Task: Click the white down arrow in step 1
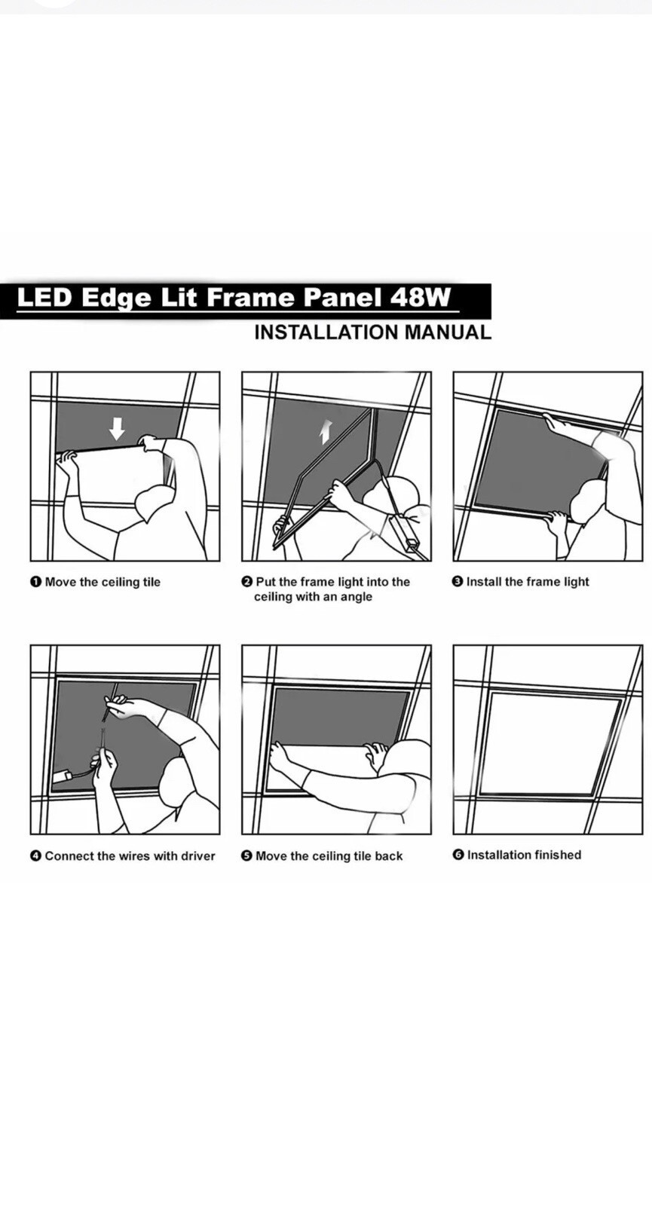click(x=117, y=429)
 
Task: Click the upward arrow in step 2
click(x=325, y=433)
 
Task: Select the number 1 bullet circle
click(x=35, y=582)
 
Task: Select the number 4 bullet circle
click(x=35, y=856)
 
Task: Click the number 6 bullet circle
click(x=458, y=855)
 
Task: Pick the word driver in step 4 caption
click(x=197, y=856)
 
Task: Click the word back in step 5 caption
click(x=388, y=856)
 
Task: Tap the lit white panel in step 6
click(x=549, y=743)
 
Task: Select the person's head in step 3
click(x=588, y=501)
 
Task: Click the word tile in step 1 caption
click(x=150, y=582)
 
